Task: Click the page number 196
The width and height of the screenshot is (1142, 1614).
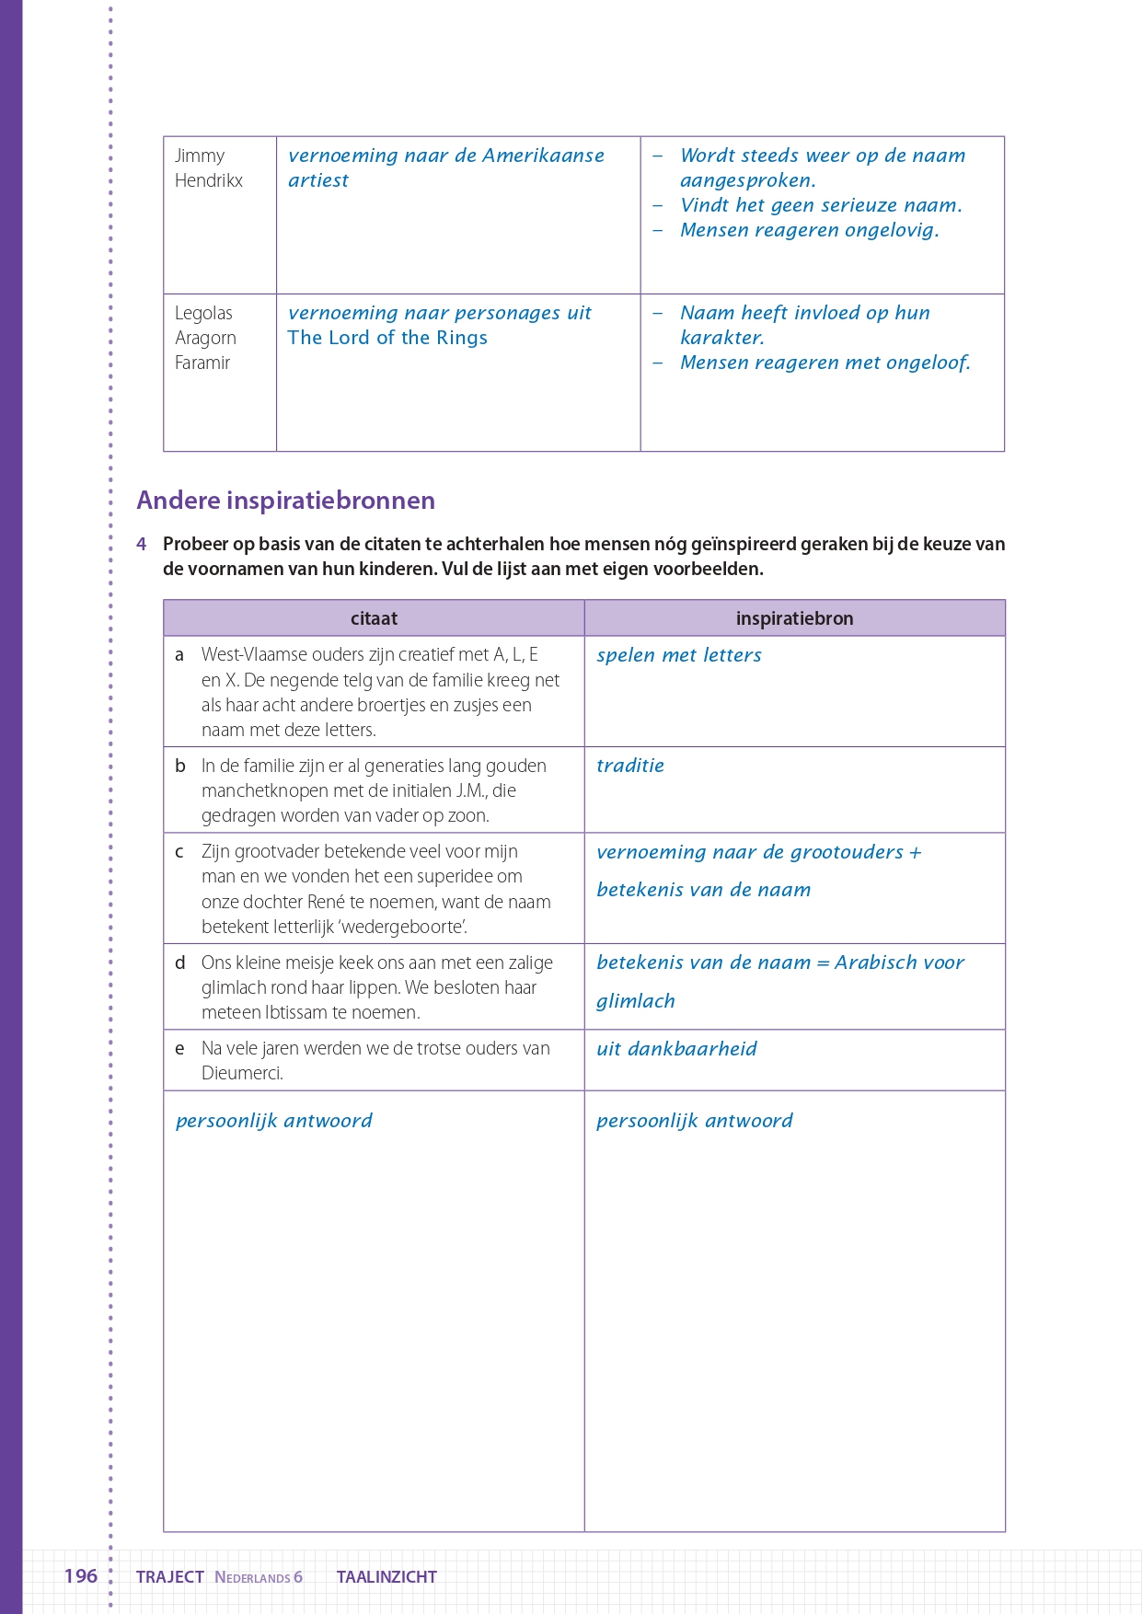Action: (x=81, y=1575)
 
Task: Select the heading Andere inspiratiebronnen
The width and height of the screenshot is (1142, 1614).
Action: (x=285, y=501)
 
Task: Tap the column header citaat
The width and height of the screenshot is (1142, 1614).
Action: (x=374, y=618)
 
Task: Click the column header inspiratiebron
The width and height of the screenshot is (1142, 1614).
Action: (x=794, y=618)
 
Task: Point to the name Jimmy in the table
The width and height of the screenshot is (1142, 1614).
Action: (x=200, y=156)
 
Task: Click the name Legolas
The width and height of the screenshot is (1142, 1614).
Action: (x=203, y=313)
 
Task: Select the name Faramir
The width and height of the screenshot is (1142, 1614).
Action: (x=202, y=363)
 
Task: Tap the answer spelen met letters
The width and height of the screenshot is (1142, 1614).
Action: (x=679, y=655)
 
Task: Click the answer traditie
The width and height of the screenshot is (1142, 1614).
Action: (x=630, y=766)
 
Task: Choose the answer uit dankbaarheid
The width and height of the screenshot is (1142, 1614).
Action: (x=676, y=1049)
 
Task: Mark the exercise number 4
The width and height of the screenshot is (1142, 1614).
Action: (x=142, y=544)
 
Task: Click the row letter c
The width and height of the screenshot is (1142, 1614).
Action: (x=179, y=852)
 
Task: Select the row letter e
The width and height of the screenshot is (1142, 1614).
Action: (x=179, y=1049)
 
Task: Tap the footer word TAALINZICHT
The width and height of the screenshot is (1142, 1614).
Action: (x=386, y=1576)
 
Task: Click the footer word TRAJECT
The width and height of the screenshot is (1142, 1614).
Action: (x=170, y=1576)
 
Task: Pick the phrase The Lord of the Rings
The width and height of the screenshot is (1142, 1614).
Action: (x=387, y=338)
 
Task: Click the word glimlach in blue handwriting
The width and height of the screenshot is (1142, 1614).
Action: (x=635, y=1001)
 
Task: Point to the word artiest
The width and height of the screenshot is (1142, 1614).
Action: (x=318, y=180)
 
